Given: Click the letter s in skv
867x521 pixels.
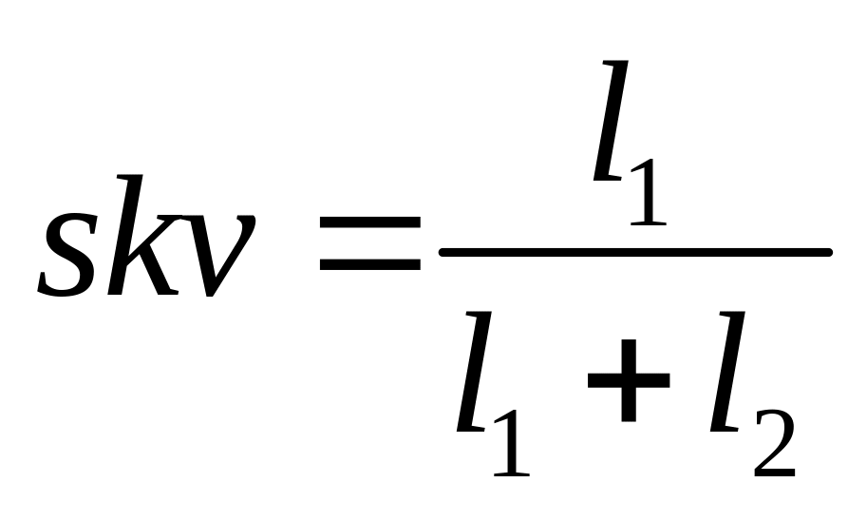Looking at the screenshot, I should click(x=72, y=251).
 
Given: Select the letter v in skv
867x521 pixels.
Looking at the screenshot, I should click(x=220, y=252).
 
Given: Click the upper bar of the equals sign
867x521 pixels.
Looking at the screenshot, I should click(x=369, y=222).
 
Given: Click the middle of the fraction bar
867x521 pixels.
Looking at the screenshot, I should click(x=635, y=253).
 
